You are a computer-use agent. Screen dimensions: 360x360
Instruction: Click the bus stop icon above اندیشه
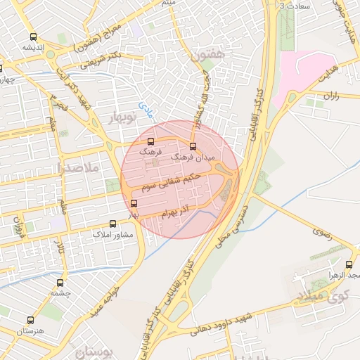(x=33, y=37)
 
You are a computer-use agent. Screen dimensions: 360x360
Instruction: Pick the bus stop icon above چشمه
(x=60, y=283)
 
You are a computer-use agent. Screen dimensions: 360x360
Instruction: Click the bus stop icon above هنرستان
(x=29, y=320)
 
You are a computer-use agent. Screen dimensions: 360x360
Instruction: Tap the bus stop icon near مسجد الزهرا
(x=349, y=264)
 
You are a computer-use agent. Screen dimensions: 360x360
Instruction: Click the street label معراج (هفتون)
(x=98, y=39)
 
